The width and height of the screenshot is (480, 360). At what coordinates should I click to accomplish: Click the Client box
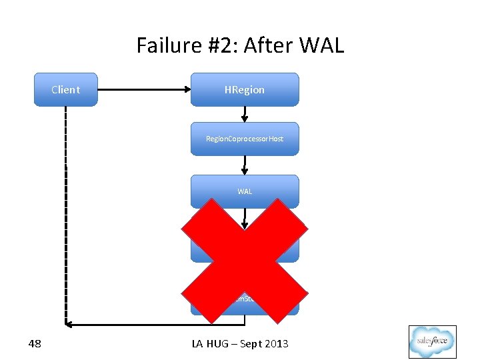click(x=65, y=89)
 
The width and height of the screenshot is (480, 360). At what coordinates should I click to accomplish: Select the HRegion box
click(x=245, y=89)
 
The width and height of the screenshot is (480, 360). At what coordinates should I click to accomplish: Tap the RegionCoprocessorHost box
click(x=245, y=139)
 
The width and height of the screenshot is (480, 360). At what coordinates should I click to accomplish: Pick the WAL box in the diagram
click(x=245, y=191)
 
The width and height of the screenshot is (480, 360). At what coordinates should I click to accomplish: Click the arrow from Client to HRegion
click(x=143, y=89)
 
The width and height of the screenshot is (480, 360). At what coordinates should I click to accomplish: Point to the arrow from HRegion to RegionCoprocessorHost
click(x=245, y=114)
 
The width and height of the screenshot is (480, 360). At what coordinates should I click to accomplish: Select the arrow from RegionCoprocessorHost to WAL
click(x=245, y=165)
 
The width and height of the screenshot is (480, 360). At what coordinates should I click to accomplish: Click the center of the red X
click(x=245, y=260)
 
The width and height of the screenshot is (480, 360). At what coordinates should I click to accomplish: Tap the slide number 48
click(x=35, y=344)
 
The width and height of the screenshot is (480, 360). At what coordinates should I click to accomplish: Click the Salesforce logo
click(x=432, y=342)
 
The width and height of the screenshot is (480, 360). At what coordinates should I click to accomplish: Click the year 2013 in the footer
click(x=275, y=344)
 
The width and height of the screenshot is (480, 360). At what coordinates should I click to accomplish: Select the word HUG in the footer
click(x=218, y=344)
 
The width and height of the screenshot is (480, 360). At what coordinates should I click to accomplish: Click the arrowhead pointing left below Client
click(x=69, y=325)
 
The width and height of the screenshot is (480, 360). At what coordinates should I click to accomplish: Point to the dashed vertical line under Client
click(x=65, y=213)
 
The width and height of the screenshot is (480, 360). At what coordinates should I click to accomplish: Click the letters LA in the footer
click(x=198, y=344)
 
